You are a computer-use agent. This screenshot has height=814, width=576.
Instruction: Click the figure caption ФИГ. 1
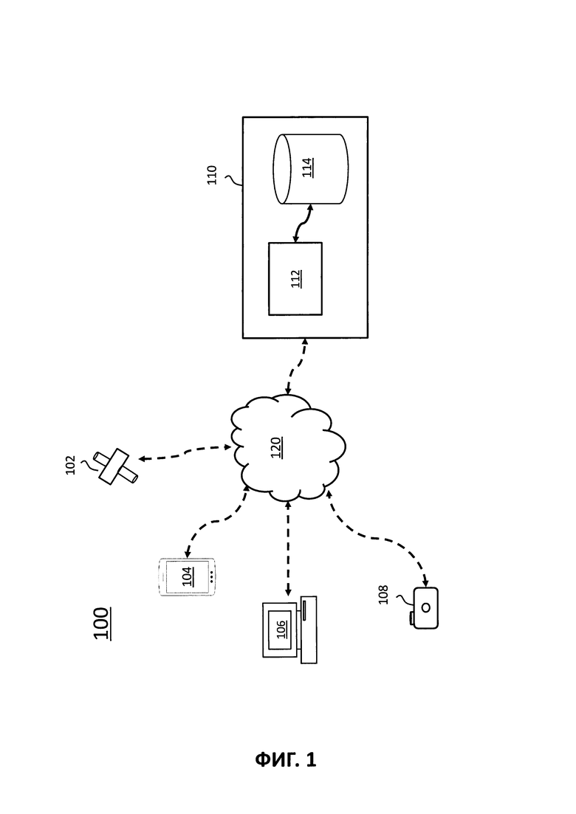(286, 759)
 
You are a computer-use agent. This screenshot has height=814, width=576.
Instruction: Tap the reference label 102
(71, 463)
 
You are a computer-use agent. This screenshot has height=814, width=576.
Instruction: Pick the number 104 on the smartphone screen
(186, 576)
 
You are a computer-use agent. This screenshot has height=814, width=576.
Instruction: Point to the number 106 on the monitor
(281, 629)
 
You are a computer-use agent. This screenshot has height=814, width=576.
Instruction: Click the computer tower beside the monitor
(309, 630)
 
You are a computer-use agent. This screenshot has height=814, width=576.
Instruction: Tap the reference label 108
(383, 594)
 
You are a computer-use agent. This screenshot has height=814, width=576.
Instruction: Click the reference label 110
(212, 175)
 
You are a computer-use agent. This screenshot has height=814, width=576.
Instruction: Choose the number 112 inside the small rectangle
(295, 278)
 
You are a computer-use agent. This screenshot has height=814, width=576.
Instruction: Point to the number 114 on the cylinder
(307, 168)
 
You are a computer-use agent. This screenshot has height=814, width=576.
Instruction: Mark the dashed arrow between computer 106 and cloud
(288, 549)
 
